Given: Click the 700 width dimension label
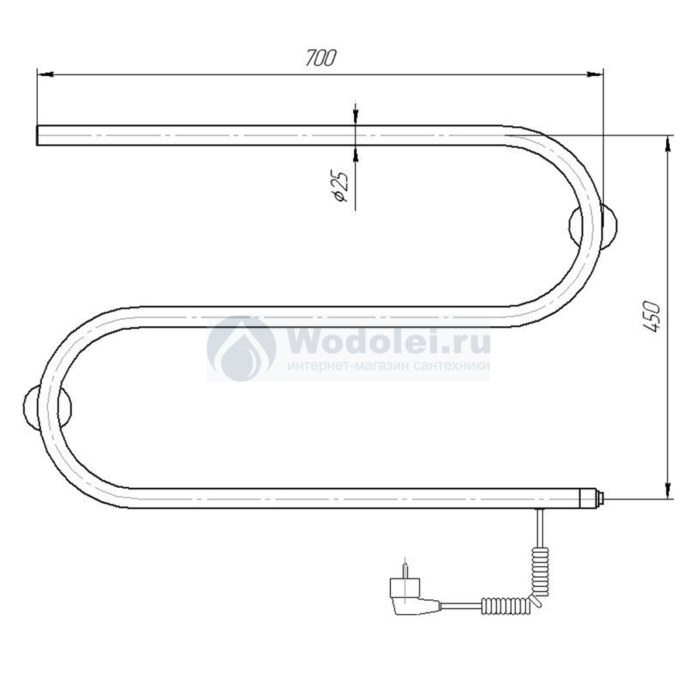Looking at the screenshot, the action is pyautogui.click(x=321, y=57).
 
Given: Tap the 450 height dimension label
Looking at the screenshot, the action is pyautogui.click(x=652, y=317).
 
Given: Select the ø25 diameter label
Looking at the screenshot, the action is pyautogui.click(x=341, y=185).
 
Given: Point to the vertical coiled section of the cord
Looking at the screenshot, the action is pyautogui.click(x=541, y=572).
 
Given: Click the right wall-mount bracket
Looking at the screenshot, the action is pyautogui.click(x=593, y=225).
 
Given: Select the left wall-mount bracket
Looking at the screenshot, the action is pyautogui.click(x=47, y=407).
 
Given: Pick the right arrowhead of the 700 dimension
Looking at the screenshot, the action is pyautogui.click(x=595, y=74).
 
